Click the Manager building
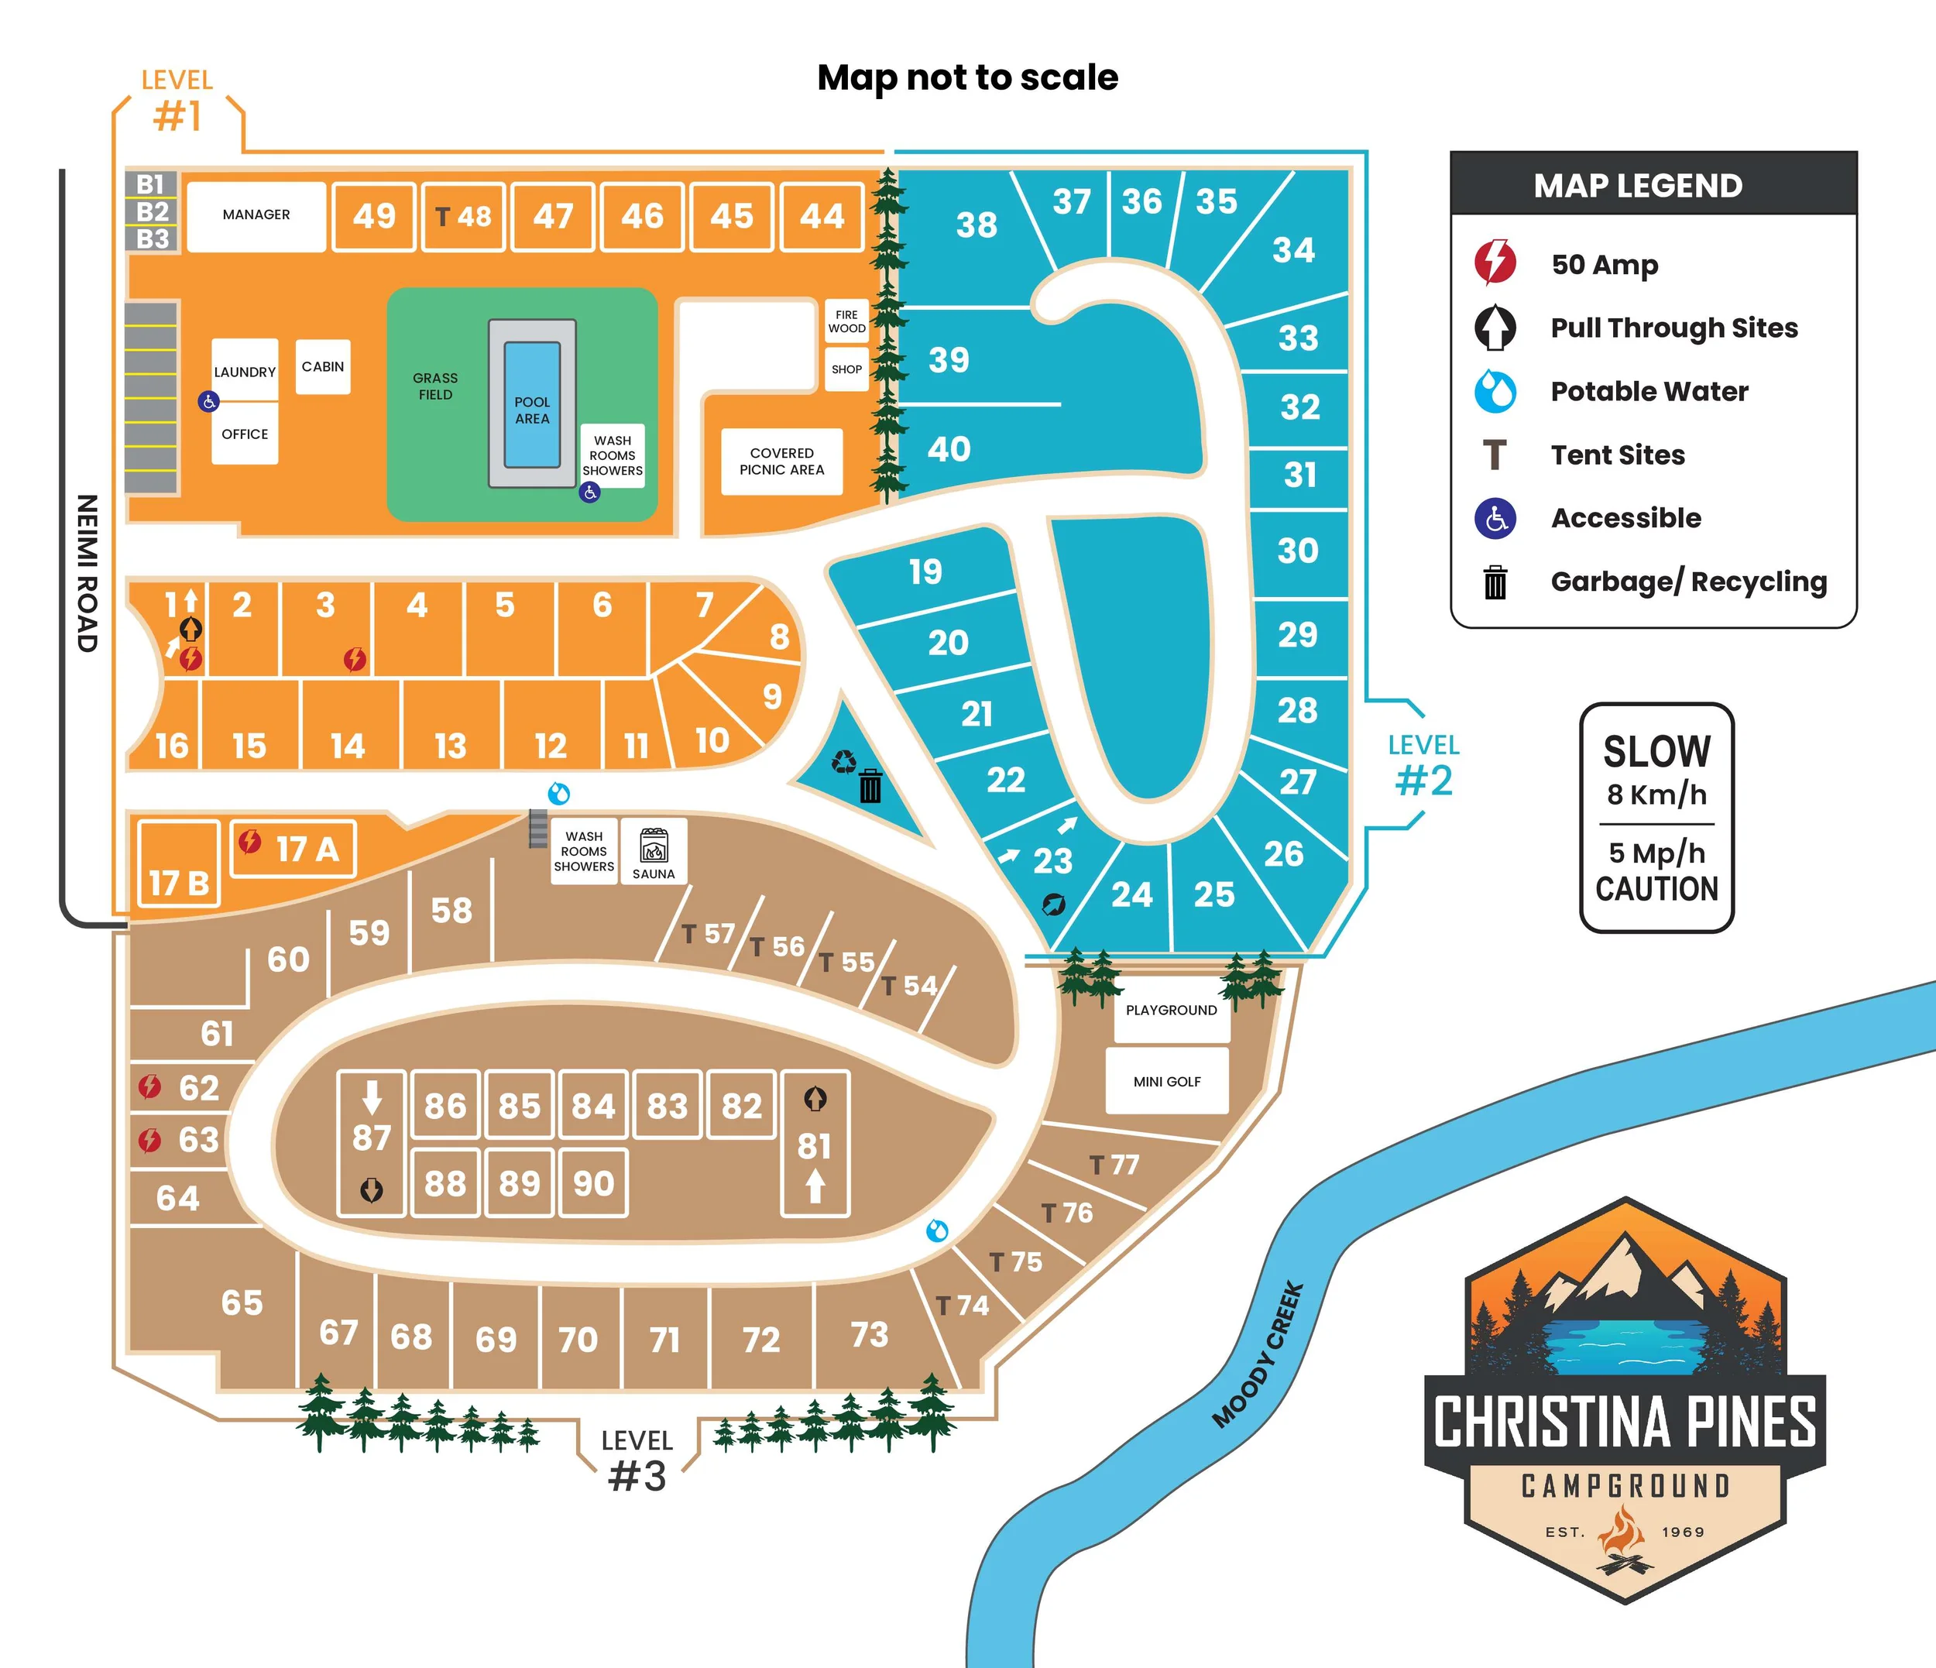[x=256, y=216]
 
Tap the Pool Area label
[x=532, y=410]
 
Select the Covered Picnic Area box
[x=781, y=462]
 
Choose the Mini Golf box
[x=1167, y=1081]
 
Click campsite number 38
[x=977, y=225]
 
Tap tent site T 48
[x=463, y=217]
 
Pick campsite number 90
[x=593, y=1184]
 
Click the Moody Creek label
[x=1258, y=1355]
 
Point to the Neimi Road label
[x=87, y=573]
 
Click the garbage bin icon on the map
[x=870, y=785]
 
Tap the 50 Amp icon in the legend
[x=1495, y=263]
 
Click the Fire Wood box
[x=846, y=321]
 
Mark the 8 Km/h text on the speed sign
[x=1656, y=795]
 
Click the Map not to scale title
[x=967, y=77]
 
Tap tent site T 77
[x=1114, y=1165]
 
